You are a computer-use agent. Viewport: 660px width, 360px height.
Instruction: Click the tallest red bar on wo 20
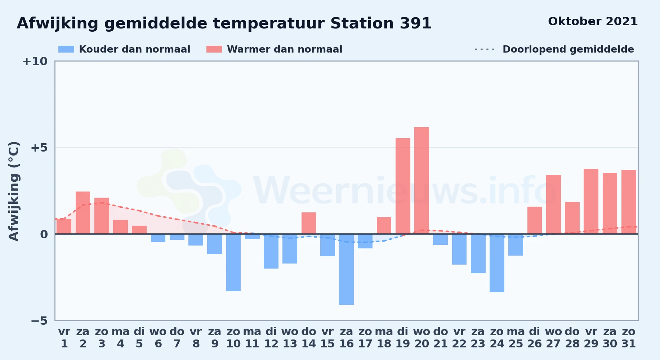422,180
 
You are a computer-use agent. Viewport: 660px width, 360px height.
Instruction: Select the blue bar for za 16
346,270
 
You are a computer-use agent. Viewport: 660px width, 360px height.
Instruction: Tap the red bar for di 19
403,186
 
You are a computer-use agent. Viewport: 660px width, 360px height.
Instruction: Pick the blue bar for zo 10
233,263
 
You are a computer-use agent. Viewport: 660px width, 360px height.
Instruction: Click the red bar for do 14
309,223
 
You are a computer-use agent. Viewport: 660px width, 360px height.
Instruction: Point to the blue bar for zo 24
497,263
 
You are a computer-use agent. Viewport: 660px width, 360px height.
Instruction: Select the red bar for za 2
83,213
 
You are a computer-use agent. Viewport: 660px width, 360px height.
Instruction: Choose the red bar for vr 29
591,201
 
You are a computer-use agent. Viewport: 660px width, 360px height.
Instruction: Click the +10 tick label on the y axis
35,62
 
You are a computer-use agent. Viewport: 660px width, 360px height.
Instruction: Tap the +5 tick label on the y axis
39,148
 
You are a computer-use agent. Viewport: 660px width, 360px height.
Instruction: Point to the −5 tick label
39,321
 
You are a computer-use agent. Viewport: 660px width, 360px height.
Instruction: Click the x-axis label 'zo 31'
629,338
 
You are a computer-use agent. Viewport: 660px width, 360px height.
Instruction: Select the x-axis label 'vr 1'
64,338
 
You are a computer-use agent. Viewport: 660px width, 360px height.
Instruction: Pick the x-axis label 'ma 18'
384,338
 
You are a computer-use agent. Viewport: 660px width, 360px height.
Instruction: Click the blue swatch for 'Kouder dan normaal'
66,49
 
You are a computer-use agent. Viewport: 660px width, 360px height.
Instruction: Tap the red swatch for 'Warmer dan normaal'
214,49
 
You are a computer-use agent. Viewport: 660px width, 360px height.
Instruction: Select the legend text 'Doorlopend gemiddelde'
568,49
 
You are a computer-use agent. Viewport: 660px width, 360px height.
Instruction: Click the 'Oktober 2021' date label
593,22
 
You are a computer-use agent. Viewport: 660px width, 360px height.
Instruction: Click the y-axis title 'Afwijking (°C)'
14,191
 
